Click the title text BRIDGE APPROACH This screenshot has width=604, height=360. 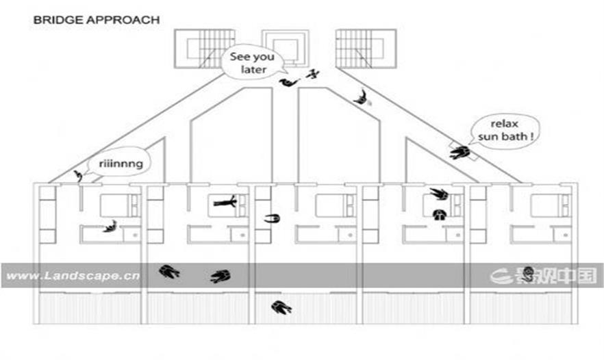[96, 20]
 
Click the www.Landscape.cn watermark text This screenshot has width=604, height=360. [73, 276]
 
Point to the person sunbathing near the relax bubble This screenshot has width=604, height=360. [460, 152]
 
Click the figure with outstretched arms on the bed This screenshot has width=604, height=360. [225, 202]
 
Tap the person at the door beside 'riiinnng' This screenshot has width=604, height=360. [79, 177]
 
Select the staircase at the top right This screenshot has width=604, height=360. [366, 49]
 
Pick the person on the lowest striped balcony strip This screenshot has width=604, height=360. [281, 307]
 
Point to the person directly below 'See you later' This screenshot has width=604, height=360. [290, 82]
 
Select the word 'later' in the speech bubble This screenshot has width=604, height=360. [253, 70]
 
